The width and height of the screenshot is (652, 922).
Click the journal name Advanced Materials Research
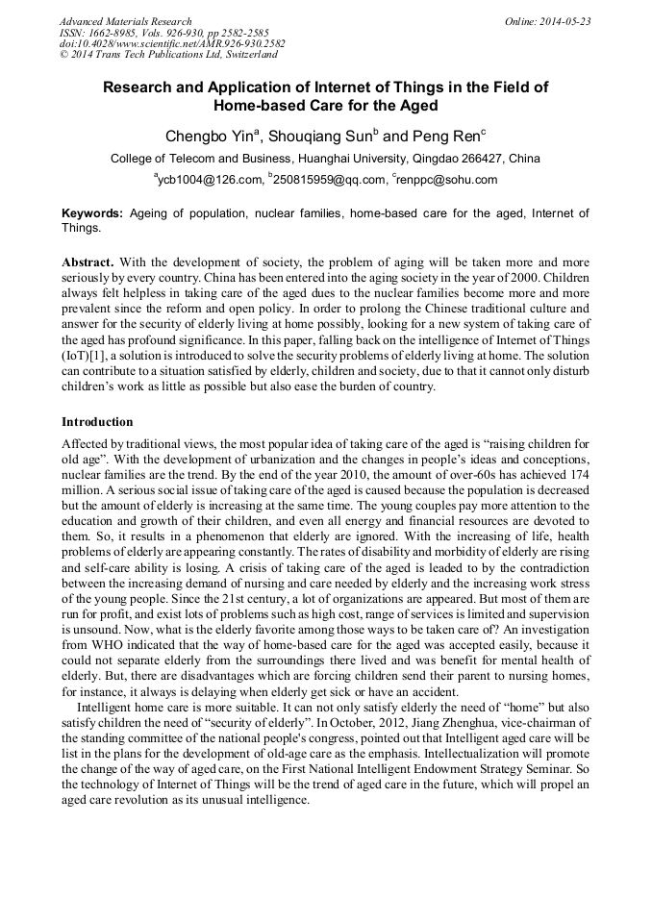click(x=125, y=21)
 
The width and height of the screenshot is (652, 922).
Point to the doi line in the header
click(x=172, y=44)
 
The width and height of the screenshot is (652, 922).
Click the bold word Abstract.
click(x=88, y=262)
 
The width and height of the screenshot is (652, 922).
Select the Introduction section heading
click(x=97, y=421)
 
